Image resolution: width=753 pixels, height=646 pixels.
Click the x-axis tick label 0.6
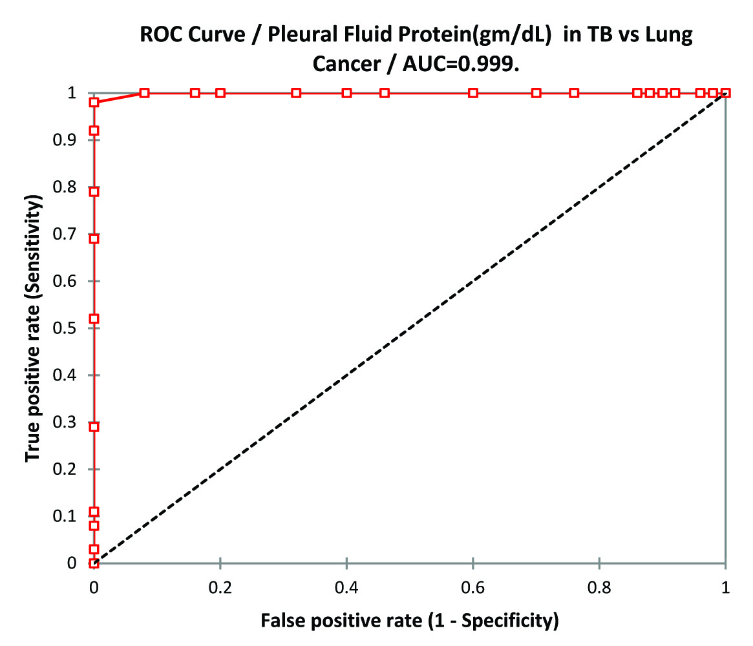(473, 588)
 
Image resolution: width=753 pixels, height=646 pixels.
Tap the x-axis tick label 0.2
(220, 588)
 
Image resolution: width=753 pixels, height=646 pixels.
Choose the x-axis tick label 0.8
(600, 588)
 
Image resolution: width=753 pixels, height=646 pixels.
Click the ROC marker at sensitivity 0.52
(94, 319)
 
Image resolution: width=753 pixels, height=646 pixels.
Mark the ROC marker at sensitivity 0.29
(94, 427)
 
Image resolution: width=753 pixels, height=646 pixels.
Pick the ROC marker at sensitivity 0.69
(94, 239)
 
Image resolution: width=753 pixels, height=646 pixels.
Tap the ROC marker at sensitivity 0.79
(94, 192)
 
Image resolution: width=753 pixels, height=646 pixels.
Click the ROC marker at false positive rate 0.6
(473, 93)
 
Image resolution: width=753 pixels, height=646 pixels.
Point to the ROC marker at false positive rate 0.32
(296, 93)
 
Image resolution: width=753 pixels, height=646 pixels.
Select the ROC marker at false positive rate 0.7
(536, 93)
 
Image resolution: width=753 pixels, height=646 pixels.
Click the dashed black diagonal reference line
(410, 328)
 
